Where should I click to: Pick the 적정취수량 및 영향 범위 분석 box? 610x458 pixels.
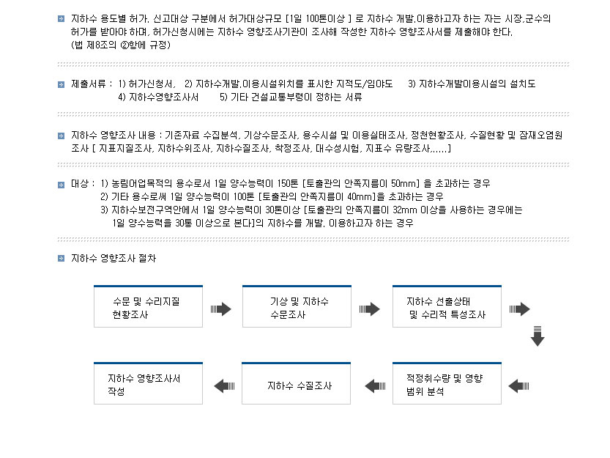tap(447, 384)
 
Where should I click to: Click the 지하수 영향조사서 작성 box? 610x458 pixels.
tap(148, 384)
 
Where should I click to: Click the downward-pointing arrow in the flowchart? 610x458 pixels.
tap(538, 335)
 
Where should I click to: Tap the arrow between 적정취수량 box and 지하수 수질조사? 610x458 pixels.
tap(375, 385)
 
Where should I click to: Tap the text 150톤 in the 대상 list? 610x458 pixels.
tap(292, 182)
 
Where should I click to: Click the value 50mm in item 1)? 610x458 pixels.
tap(403, 182)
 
